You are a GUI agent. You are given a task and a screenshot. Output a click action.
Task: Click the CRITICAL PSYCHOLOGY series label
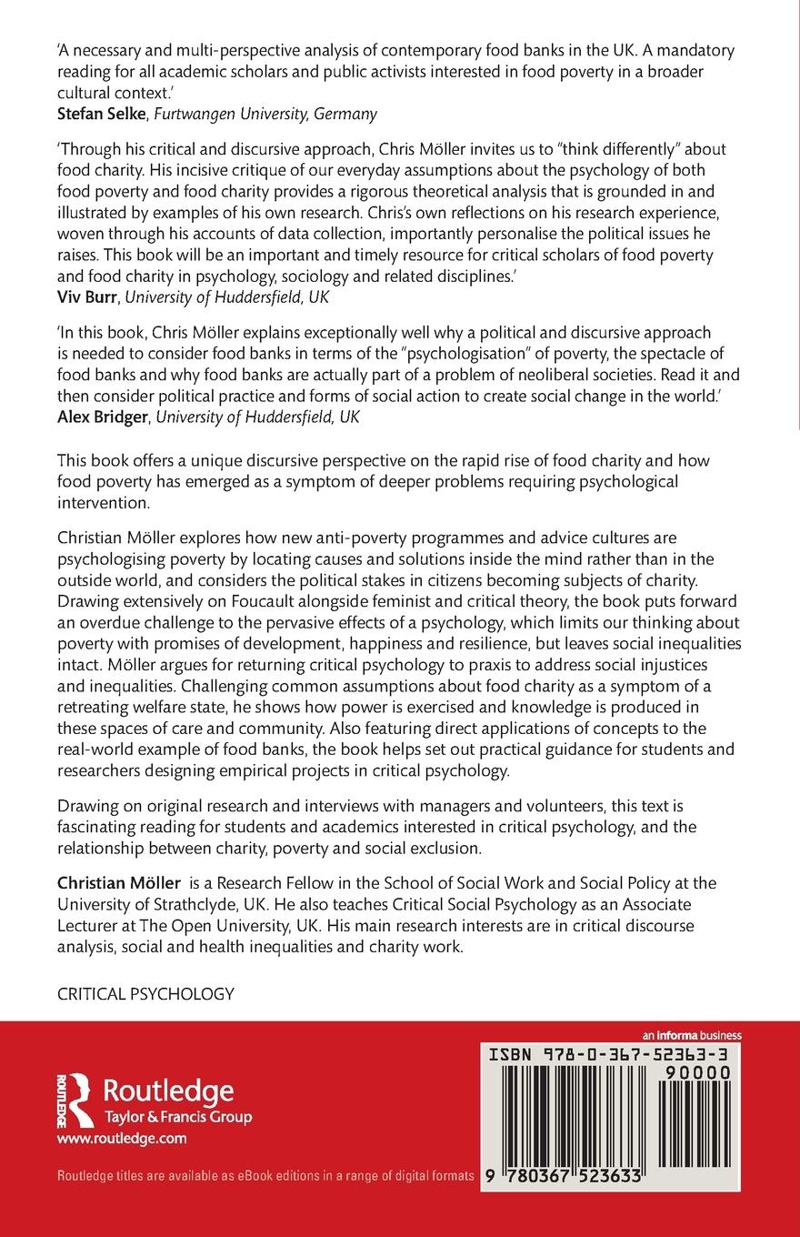(x=145, y=994)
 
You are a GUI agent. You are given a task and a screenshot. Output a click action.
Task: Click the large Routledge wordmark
(x=169, y=1091)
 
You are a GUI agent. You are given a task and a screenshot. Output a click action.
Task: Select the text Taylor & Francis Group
(x=178, y=1117)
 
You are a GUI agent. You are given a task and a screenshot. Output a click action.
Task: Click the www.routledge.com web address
(x=122, y=1138)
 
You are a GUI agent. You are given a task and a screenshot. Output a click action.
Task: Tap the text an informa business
(x=692, y=1035)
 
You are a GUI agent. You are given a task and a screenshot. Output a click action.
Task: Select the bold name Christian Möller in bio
(x=118, y=883)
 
